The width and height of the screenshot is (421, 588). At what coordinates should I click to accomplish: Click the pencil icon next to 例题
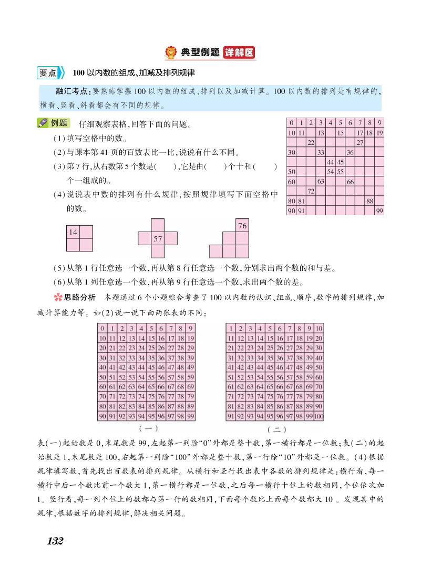[x=43, y=123]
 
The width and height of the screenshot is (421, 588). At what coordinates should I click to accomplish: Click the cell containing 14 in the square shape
[x=73, y=232]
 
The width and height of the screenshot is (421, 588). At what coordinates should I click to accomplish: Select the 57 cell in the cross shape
[x=157, y=239]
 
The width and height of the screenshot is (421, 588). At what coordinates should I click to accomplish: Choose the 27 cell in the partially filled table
[x=360, y=142]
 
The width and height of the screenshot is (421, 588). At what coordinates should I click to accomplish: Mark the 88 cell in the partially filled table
[x=370, y=201]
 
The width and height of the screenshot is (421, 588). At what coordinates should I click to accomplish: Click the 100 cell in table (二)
[x=319, y=417]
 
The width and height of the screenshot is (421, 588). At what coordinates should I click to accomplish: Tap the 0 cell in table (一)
[x=103, y=328]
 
